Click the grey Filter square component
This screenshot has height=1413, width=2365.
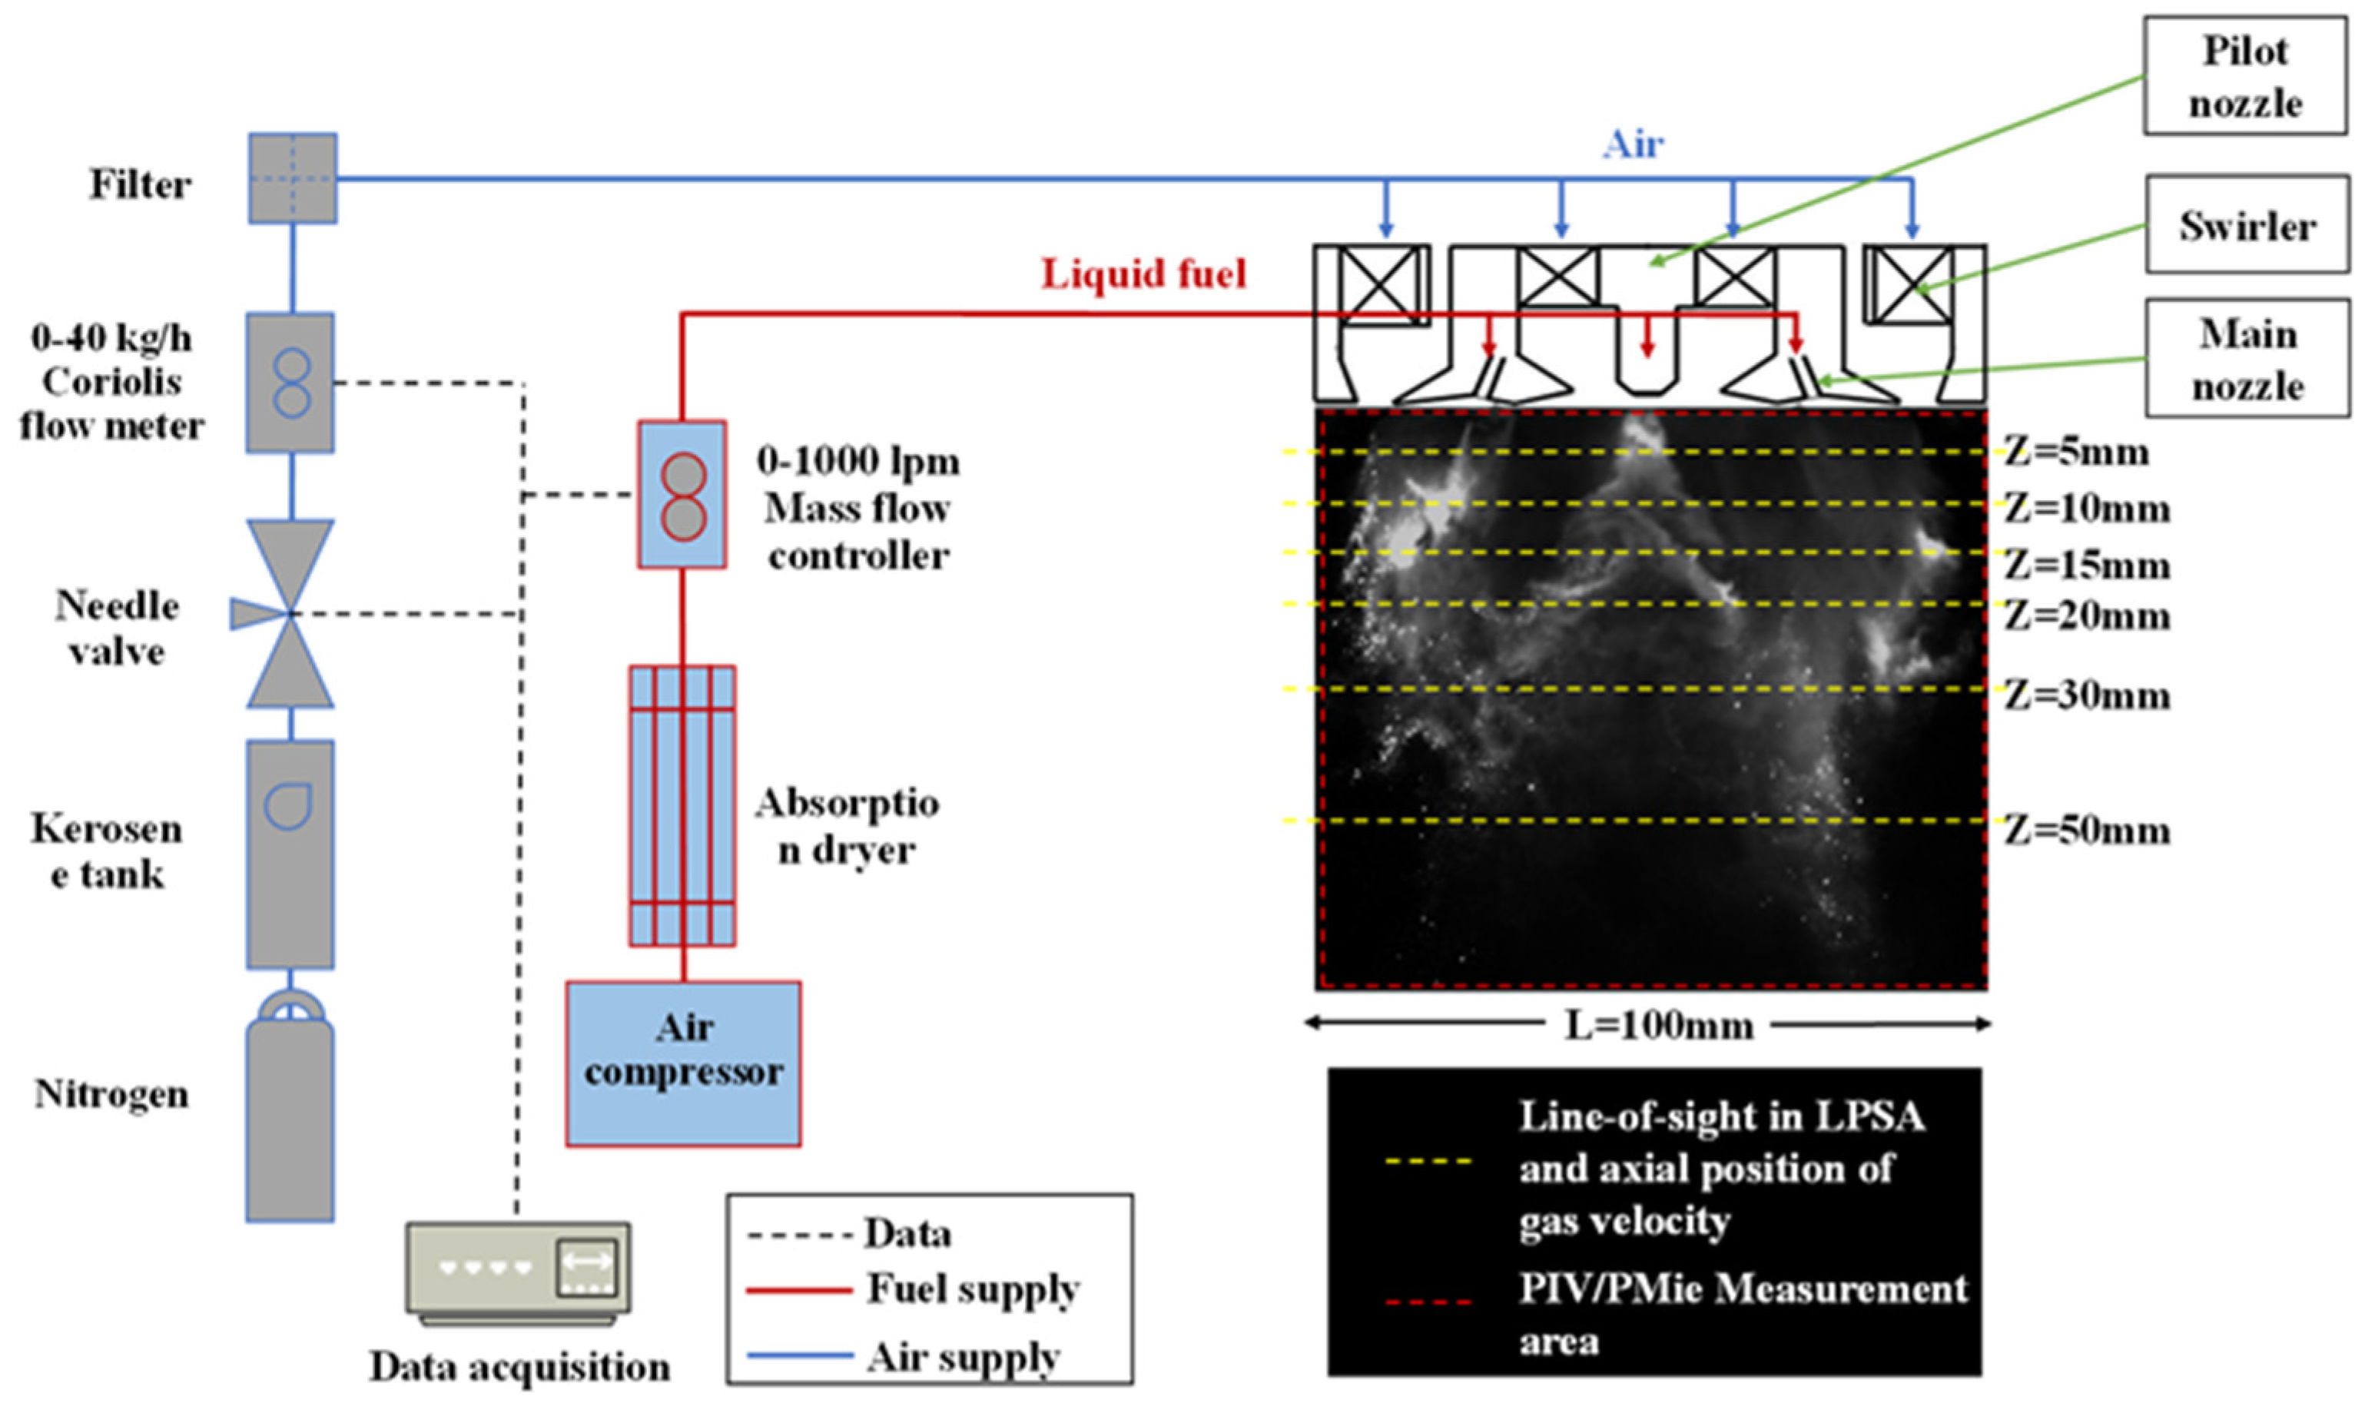[292, 178]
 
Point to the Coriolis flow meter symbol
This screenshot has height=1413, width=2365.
[290, 383]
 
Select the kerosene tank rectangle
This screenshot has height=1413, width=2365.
[290, 854]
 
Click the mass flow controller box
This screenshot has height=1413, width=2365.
[682, 495]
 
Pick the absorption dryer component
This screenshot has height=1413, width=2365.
[682, 805]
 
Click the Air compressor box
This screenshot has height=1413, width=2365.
[682, 1063]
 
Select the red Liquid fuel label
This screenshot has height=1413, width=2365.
[1143, 274]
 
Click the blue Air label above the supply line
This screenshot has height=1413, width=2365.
[1633, 144]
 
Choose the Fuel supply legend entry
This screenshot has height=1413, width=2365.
[971, 1289]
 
